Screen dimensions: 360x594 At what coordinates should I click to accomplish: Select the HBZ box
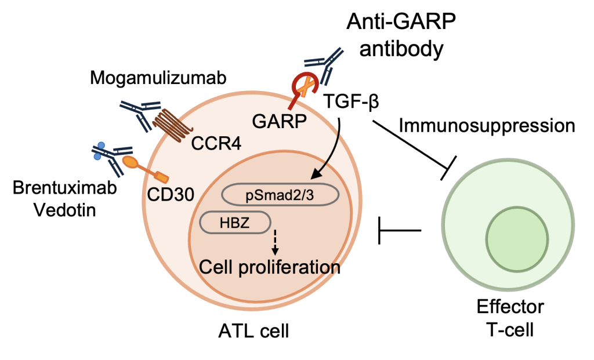(x=236, y=222)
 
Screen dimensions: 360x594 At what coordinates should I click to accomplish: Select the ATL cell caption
(x=254, y=332)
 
